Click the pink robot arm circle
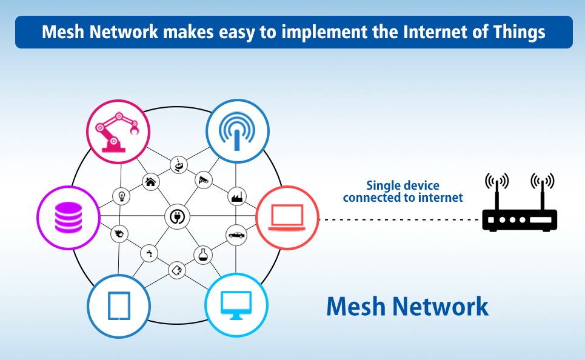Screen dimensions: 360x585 tap(118, 131)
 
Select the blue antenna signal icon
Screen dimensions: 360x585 tap(236, 130)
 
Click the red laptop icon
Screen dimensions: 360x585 tap(287, 216)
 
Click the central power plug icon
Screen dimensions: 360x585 tap(178, 216)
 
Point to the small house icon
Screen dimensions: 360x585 tap(151, 181)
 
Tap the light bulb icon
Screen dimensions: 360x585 tap(121, 196)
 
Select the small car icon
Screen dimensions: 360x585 tap(235, 235)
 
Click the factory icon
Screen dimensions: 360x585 tap(235, 196)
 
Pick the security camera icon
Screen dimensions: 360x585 tap(203, 179)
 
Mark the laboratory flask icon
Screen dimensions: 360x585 tap(202, 255)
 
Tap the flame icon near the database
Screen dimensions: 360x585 tap(119, 233)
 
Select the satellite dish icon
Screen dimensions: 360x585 tap(178, 164)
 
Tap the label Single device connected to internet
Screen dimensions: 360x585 tap(403, 192)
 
